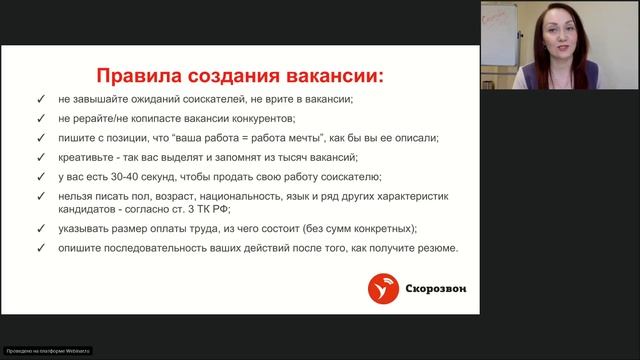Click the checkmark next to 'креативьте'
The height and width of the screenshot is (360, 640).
[x=38, y=158]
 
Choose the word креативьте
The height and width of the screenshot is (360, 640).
[x=91, y=158]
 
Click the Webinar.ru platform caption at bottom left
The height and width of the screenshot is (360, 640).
[x=48, y=351]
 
